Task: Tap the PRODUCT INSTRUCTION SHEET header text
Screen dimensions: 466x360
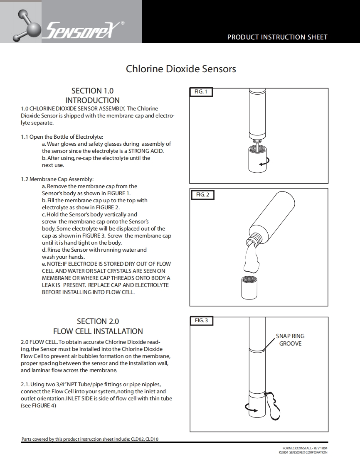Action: tap(277, 37)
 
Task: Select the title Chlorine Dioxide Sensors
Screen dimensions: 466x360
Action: tap(181, 69)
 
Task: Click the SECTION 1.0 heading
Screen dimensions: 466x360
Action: tap(92, 91)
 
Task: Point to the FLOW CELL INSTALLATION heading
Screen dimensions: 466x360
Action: tap(98, 331)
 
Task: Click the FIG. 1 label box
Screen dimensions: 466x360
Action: tap(201, 92)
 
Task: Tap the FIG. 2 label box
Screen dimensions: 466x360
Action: tap(202, 194)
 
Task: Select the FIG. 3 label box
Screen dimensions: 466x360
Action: tap(202, 321)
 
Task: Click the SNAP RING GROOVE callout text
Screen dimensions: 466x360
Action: tap(290, 340)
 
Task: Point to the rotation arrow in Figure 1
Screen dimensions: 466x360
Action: tap(264, 162)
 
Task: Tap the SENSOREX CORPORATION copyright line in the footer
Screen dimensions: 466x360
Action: tap(303, 452)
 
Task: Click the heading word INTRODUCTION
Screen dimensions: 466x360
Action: tap(92, 100)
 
